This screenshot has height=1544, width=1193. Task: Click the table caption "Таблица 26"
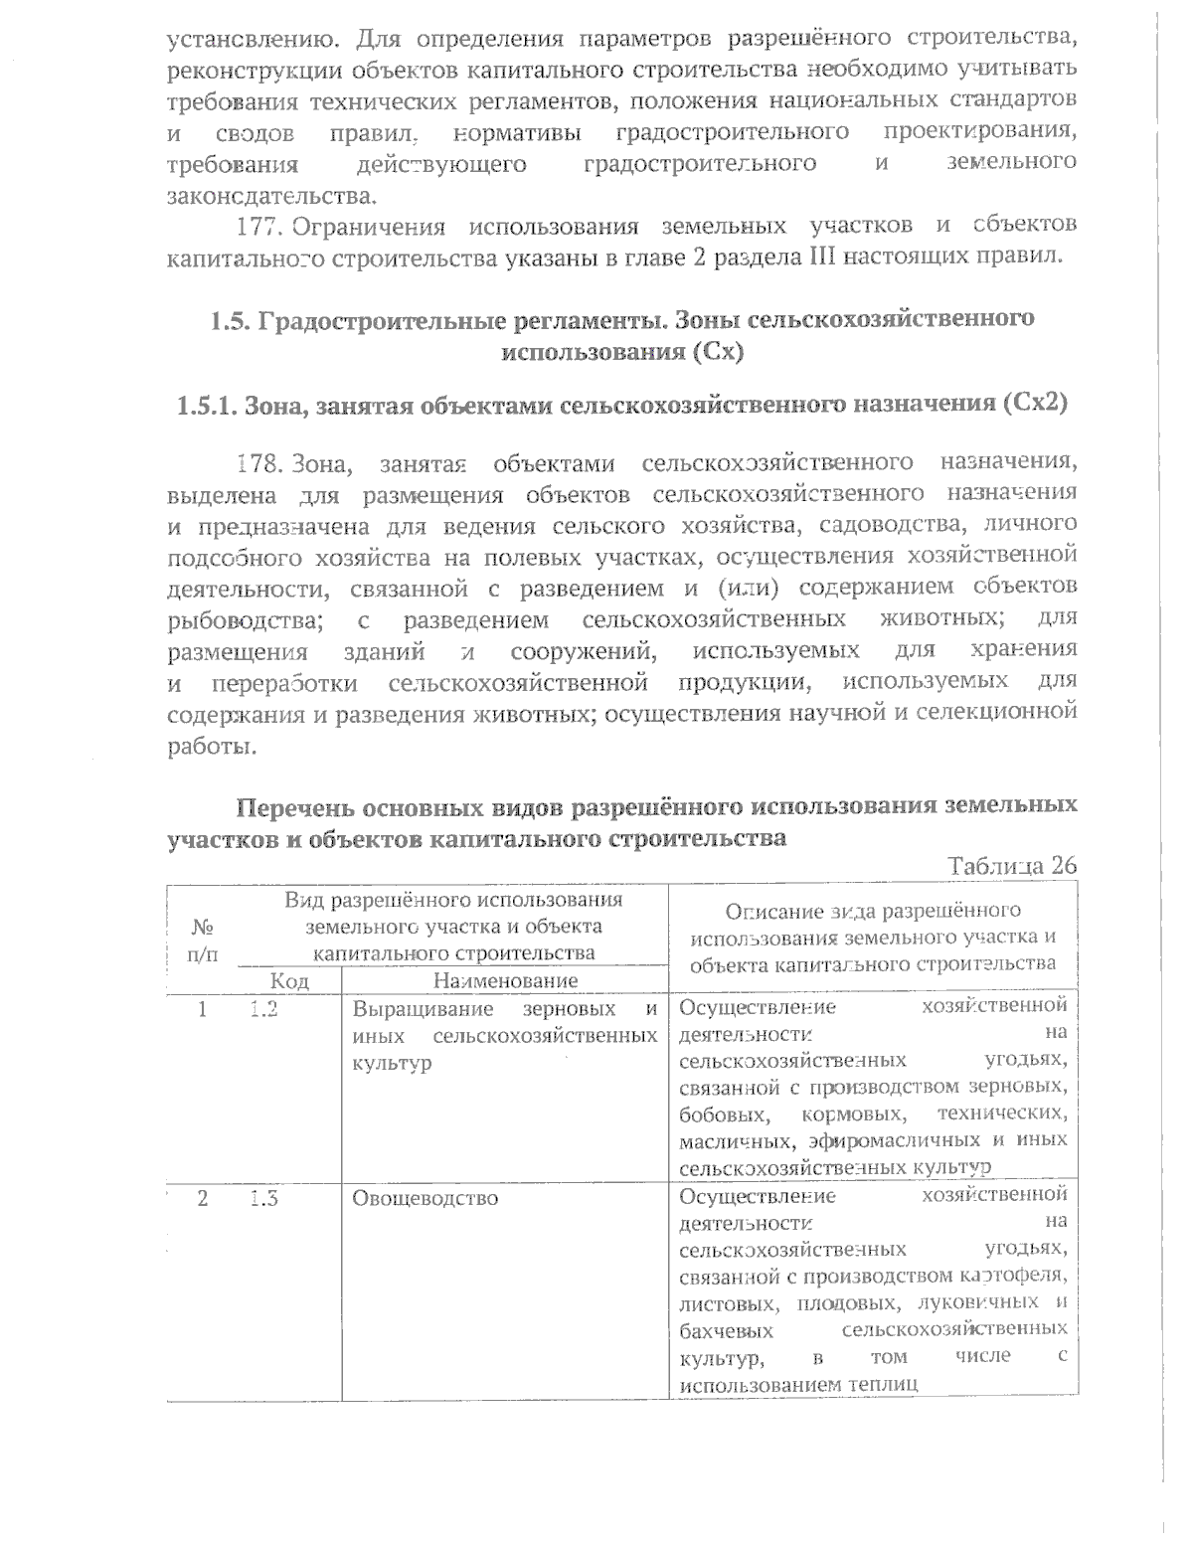(x=1013, y=865)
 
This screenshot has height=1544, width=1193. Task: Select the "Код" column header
(x=290, y=980)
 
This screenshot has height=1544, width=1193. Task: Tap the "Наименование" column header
(x=505, y=980)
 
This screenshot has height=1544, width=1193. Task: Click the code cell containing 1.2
(x=262, y=1009)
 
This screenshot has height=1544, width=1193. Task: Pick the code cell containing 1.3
(x=262, y=1198)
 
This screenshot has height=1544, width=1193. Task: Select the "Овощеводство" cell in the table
(x=426, y=1198)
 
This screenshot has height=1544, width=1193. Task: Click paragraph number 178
(x=261, y=462)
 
